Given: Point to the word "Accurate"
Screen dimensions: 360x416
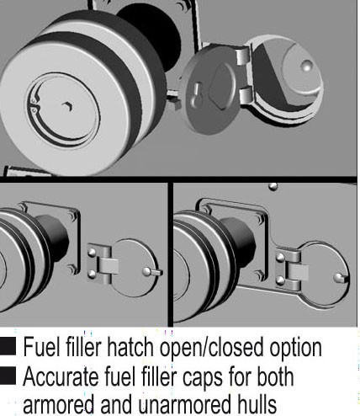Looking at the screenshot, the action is pyautogui.click(x=61, y=376).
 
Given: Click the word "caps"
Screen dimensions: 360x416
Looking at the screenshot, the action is pyautogui.click(x=203, y=378).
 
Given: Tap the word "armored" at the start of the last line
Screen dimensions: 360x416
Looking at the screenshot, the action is pyautogui.click(x=58, y=403).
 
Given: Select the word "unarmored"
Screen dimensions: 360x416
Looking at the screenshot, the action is pyautogui.click(x=180, y=403).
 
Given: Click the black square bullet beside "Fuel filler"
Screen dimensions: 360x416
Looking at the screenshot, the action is pyautogui.click(x=8, y=346).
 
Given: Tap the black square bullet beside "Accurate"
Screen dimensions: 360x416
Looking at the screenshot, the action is pyautogui.click(x=8, y=376).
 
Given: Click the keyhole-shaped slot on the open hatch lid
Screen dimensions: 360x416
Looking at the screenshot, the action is pyautogui.click(x=196, y=94).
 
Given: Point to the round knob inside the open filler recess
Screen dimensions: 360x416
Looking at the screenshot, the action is pyautogui.click(x=306, y=66).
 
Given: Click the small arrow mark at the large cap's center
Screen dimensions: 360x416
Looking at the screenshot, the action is pyautogui.click(x=68, y=106).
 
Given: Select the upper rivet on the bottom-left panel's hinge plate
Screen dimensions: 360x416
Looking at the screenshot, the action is pyautogui.click(x=92, y=252).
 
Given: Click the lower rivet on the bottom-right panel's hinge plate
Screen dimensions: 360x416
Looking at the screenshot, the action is pyautogui.click(x=280, y=280).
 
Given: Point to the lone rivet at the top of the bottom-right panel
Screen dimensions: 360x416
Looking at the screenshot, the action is pyautogui.click(x=273, y=186).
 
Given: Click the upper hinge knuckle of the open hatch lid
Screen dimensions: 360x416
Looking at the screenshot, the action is pyautogui.click(x=243, y=56).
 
